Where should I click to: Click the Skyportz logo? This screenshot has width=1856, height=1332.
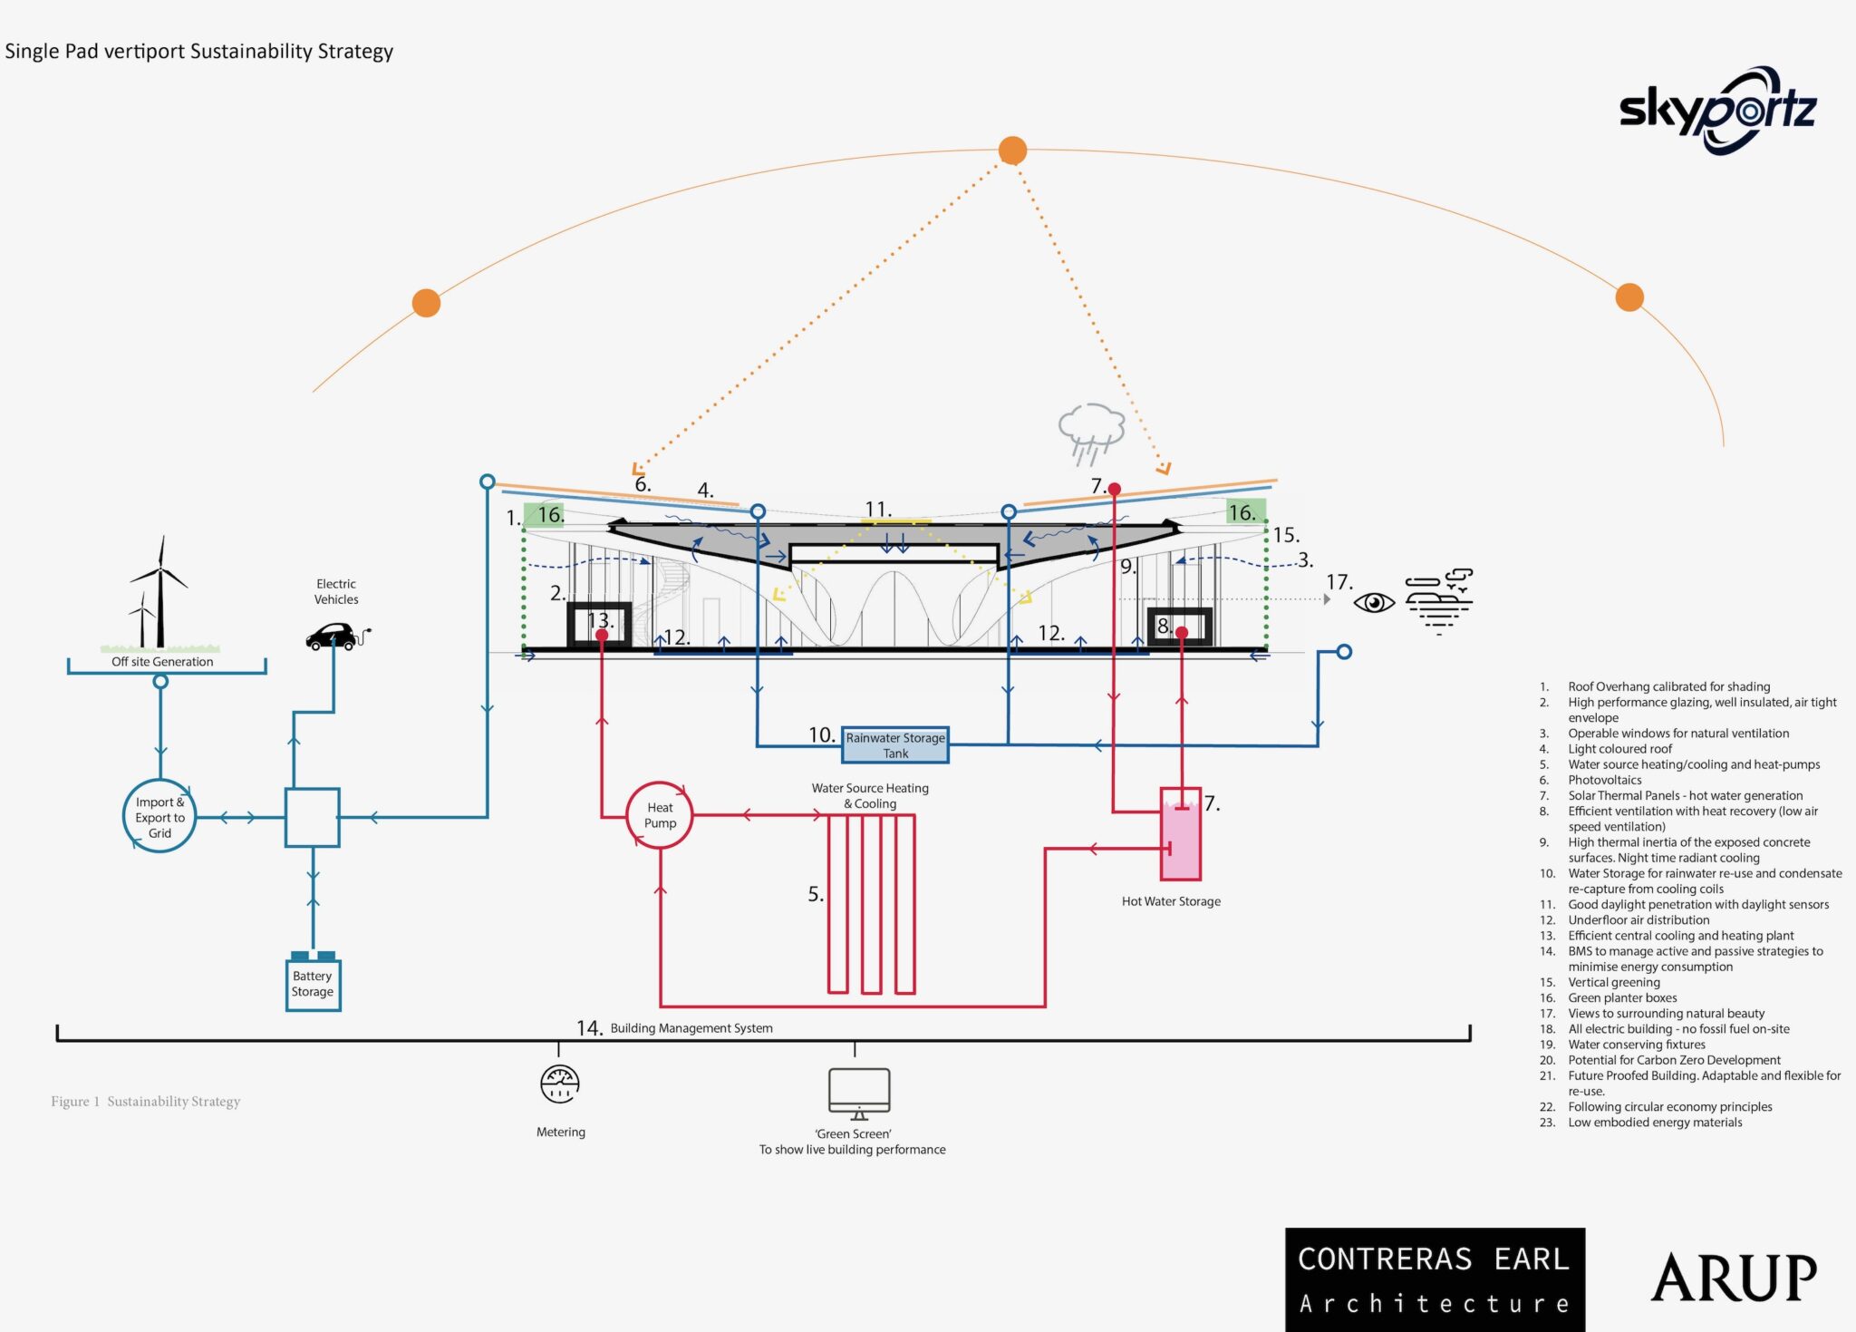pyautogui.click(x=1717, y=111)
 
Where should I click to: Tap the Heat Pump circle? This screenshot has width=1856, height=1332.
pyautogui.click(x=660, y=815)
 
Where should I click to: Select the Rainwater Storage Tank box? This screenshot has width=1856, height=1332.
pyautogui.click(x=895, y=744)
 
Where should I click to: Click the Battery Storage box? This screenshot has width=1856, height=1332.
pyautogui.click(x=313, y=984)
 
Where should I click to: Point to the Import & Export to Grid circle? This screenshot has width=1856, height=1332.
pyautogui.click(x=159, y=817)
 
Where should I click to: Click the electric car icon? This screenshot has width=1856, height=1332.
pyautogui.click(x=333, y=636)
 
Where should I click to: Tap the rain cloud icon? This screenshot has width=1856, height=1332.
pyautogui.click(x=1091, y=431)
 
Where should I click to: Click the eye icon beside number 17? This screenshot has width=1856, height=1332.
pyautogui.click(x=1374, y=602)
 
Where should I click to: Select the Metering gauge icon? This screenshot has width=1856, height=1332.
pyautogui.click(x=560, y=1084)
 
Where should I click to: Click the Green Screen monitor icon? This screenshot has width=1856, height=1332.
pyautogui.click(x=858, y=1093)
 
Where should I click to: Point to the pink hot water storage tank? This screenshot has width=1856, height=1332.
pyautogui.click(x=1181, y=834)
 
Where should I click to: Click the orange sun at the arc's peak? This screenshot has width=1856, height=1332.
pyautogui.click(x=1012, y=151)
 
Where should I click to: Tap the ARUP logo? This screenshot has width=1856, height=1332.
pyautogui.click(x=1734, y=1278)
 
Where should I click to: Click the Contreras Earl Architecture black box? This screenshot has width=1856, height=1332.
pyautogui.click(x=1435, y=1279)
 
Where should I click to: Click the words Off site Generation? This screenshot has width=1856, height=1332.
pyautogui.click(x=162, y=662)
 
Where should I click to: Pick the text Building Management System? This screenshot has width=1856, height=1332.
pyautogui.click(x=691, y=1028)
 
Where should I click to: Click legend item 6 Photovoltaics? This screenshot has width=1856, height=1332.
pyautogui.click(x=1605, y=780)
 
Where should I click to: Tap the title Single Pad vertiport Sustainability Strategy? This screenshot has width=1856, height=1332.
pyautogui.click(x=199, y=52)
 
